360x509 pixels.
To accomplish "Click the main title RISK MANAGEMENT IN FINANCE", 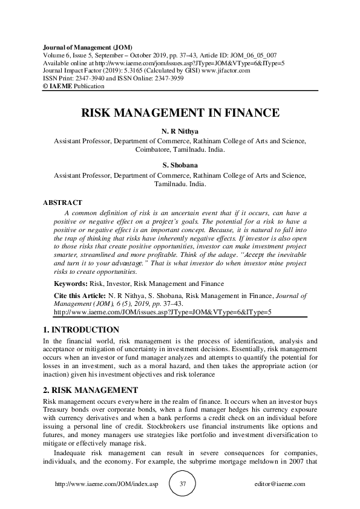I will click(x=180, y=112).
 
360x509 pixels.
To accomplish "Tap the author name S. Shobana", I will click(x=180, y=164).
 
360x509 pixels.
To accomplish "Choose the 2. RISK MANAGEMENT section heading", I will click(x=91, y=389).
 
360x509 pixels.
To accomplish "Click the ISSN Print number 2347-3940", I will click(x=91, y=79).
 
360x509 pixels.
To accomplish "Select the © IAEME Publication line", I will click(x=73, y=86).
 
